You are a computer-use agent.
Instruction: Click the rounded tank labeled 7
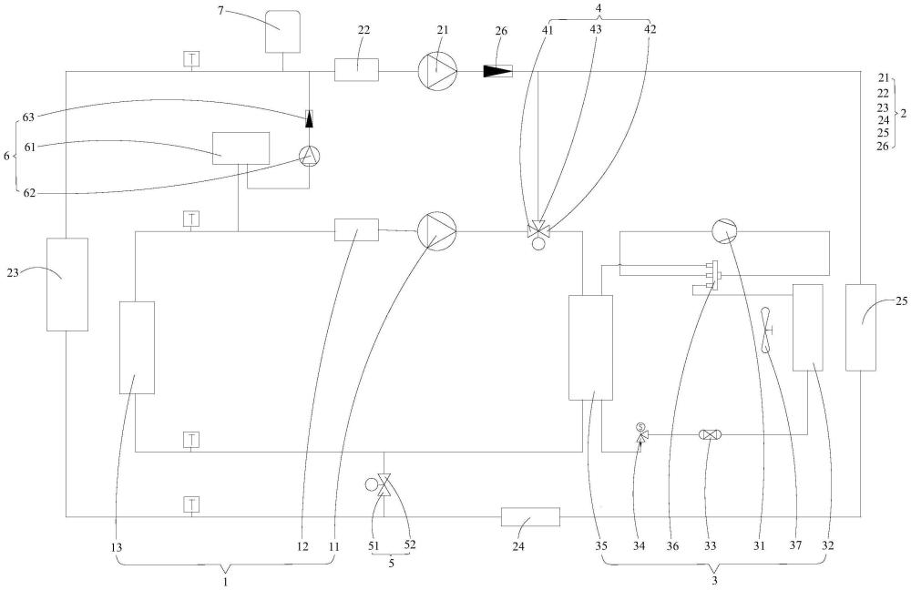point(283,32)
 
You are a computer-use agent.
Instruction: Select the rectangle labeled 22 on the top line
point(356,69)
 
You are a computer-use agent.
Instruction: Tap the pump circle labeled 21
point(436,69)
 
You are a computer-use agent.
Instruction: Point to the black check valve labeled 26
point(497,71)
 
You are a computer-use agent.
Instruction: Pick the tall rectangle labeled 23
point(67,284)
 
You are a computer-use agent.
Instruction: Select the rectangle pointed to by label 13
point(137,347)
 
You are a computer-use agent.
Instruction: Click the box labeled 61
point(241,147)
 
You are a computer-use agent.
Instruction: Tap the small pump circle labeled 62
point(309,156)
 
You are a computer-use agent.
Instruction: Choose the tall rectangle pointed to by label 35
point(590,347)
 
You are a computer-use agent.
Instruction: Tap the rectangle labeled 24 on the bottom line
point(530,517)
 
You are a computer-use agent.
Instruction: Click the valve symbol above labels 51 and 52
point(384,485)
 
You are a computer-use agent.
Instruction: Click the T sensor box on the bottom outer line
point(191,504)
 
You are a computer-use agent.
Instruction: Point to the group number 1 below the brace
point(225,579)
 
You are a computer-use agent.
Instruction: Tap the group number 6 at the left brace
point(6,156)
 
